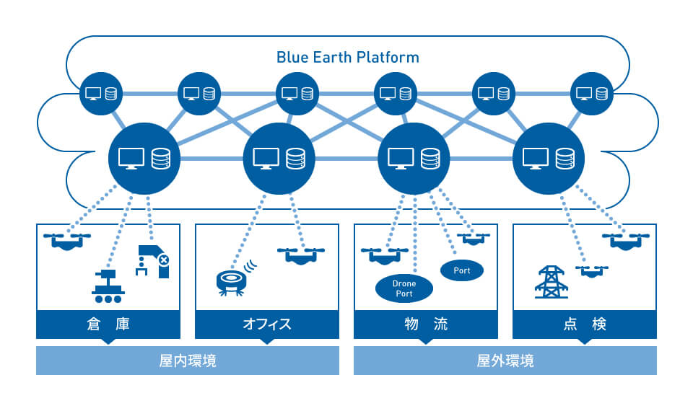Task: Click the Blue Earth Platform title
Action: [347, 58]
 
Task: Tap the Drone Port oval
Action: [404, 288]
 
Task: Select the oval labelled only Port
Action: [462, 270]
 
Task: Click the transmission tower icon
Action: [551, 282]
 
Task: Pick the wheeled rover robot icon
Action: [108, 286]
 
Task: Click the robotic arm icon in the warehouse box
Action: [152, 261]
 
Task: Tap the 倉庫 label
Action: [108, 324]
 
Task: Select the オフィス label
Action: [267, 324]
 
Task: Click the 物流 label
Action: [426, 324]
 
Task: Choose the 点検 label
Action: [585, 324]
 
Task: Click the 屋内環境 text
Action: [188, 361]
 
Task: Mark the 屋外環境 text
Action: [505, 361]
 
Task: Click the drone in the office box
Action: [301, 255]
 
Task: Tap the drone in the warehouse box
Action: [67, 241]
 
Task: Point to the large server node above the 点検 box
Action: [549, 159]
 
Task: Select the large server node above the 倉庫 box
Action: [144, 159]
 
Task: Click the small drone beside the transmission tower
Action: [592, 271]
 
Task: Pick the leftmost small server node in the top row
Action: [101, 94]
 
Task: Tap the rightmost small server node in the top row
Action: [592, 94]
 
